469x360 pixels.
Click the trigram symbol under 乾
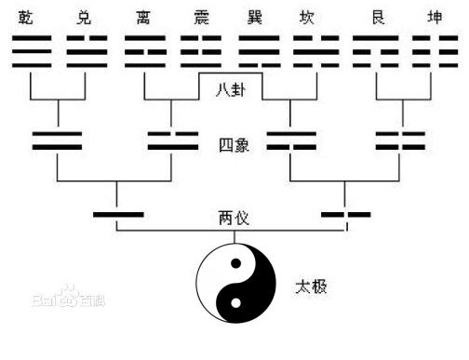coord(32,52)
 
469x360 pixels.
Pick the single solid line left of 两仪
coord(118,215)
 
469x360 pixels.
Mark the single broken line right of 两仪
coord(345,215)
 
